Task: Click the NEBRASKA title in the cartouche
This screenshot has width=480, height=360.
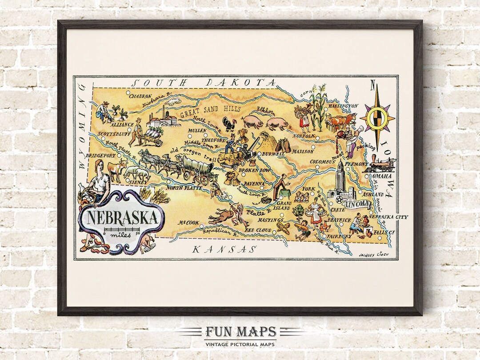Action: [x=120, y=218]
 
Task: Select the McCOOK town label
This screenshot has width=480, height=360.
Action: [x=188, y=223]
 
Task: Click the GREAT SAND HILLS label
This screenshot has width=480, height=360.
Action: [x=210, y=112]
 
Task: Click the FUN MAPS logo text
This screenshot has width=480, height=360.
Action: [x=240, y=332]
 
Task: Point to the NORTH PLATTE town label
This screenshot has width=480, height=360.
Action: [x=184, y=188]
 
